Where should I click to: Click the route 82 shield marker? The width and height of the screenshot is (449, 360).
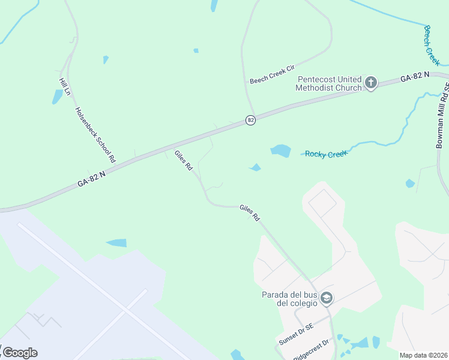coord(250,121)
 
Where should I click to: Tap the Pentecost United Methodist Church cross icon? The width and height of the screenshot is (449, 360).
coord(371,83)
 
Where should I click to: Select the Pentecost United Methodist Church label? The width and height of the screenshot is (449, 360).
coord(329,83)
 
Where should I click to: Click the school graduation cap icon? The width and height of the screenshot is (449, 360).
coord(327,298)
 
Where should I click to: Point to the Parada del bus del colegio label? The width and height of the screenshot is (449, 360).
coord(289,298)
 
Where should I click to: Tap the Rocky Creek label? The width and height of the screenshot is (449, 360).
coord(326,154)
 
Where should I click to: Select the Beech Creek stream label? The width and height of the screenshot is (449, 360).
coord(432,46)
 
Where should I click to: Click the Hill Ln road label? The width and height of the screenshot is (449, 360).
coord(65,87)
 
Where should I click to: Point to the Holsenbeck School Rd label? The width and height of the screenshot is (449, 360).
coord(95,135)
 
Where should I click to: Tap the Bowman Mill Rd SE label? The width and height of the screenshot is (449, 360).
coord(442,116)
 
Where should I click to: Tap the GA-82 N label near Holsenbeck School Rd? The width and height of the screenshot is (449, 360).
coord(91,179)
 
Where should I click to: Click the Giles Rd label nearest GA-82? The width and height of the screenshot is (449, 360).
coord(183,161)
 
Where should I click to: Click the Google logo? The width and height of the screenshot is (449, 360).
coord(19,353)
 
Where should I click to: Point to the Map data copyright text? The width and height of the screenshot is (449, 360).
coord(423,355)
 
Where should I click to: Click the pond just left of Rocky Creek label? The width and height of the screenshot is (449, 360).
coord(280,151)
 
